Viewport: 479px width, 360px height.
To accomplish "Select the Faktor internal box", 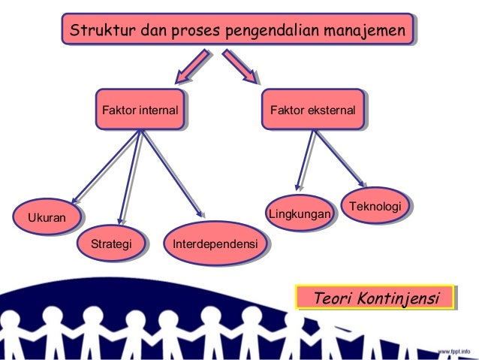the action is point(140,111).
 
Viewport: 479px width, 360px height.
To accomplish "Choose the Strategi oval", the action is point(111,244).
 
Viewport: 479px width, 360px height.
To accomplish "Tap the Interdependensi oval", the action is point(216,244).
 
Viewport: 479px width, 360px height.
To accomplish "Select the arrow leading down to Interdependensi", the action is point(173,173).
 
